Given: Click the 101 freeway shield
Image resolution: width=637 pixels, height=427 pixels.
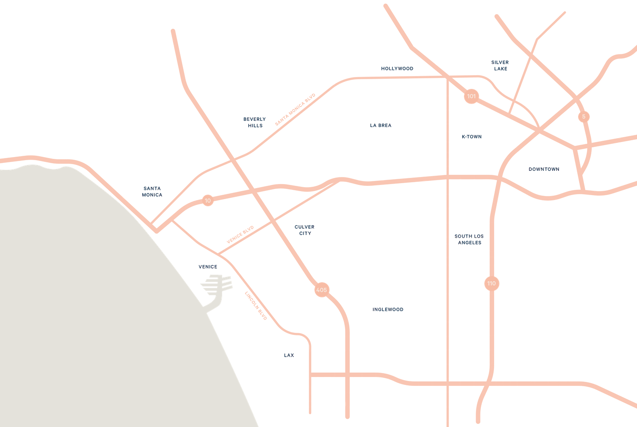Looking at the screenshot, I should pos(472,96).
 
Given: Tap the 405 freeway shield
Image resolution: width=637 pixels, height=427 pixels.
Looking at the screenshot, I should pos(322,290).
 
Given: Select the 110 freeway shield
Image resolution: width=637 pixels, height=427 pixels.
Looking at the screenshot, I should pos(491,283).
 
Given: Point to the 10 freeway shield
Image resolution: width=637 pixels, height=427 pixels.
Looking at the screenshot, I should pos(208,200).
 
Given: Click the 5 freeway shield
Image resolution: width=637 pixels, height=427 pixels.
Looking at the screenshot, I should pos(584,116).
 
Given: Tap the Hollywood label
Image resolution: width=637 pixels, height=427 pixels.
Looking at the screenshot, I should pos(397,69).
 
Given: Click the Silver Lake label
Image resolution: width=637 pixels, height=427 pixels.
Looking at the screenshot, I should pos(501,65).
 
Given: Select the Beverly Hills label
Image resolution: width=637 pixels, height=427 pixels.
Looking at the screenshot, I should pos(255,122).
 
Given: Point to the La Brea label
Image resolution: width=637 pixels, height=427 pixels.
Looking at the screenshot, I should pos(380,126).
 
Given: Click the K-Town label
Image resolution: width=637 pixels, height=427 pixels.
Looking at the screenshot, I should pos(471,137).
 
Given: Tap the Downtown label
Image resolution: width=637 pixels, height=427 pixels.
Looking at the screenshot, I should pos(543,169).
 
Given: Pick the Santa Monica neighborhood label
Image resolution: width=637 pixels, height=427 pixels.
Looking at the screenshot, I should pos(152,192).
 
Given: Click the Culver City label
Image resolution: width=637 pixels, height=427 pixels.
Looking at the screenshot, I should pos(304,230).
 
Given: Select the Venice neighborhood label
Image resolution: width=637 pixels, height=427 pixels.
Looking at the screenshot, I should pos(207,267).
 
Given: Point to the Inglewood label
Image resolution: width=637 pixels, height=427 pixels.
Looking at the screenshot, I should pos(389,309).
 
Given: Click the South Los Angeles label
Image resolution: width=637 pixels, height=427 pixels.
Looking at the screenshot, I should pos(469,239).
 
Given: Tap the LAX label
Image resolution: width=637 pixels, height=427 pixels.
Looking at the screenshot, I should pos(289,355).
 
